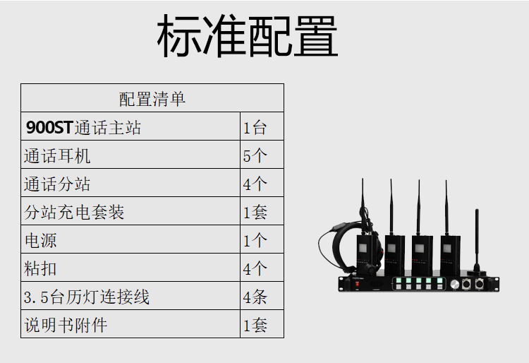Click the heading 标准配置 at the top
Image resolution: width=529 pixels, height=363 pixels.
248,36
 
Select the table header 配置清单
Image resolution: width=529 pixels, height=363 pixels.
152,100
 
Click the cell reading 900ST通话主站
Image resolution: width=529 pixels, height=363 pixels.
83,128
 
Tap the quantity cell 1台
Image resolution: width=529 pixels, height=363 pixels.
255,128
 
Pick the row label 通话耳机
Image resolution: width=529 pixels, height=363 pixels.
57,156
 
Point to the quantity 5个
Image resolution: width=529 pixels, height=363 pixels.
255,156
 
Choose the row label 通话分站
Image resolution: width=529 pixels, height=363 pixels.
57,184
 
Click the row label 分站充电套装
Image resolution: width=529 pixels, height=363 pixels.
74,213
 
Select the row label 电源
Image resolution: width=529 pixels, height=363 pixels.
40,241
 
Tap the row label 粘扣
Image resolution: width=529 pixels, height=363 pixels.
40,269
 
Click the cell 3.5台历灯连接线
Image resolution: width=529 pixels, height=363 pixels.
86,297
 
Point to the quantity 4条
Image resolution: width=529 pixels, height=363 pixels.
255,297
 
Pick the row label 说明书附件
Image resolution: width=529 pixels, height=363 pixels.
66,325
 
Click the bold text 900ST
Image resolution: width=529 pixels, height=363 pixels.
49,128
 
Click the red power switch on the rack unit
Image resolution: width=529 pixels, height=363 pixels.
357,285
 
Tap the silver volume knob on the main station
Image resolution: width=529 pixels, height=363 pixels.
454,285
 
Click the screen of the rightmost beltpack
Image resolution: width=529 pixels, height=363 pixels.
446,249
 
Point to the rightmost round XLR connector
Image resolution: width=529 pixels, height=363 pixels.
479,284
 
